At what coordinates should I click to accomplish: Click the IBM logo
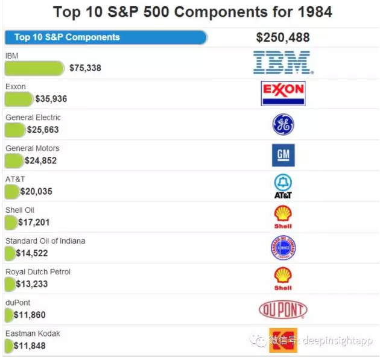point(282,62)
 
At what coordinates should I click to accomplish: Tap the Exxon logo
point(283,93)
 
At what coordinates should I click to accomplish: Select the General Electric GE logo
point(283,124)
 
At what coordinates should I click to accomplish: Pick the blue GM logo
point(283,155)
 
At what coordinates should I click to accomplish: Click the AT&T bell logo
point(283,186)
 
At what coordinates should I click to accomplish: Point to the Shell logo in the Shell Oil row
point(283,216)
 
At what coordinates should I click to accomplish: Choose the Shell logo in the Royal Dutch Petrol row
point(283,279)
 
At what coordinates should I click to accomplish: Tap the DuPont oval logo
point(283,310)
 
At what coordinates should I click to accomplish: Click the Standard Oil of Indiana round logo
point(283,248)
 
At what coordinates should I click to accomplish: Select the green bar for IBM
point(34,68)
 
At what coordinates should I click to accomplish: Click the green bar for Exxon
point(19,99)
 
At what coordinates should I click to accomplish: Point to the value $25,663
point(43,130)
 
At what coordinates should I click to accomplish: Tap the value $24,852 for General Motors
point(42,160)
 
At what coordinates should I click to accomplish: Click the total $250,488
point(282,37)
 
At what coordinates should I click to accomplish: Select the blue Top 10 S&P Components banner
point(106,37)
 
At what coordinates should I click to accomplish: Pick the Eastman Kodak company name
point(33,333)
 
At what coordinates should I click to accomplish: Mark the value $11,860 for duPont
point(30,315)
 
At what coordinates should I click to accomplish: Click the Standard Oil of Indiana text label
point(45,241)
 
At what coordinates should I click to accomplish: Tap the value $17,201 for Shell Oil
point(34,223)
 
